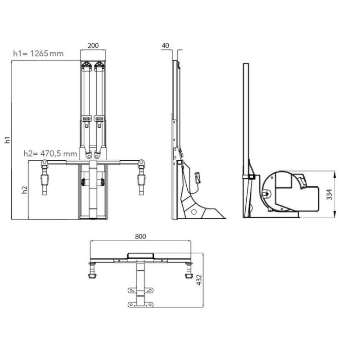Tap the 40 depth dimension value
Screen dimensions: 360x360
tap(165, 45)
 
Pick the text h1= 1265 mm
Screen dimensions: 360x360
tap(38, 54)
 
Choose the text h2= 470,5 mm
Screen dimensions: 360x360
tap(50, 153)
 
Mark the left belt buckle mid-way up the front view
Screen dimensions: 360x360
tap(87, 119)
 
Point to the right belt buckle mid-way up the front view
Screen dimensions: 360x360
tap(99, 119)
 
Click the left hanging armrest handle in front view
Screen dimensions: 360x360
tap(45, 180)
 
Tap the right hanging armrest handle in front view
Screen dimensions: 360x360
tap(142, 180)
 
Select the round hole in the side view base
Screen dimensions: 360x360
tap(194, 211)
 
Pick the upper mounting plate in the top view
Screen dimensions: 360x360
tap(140, 292)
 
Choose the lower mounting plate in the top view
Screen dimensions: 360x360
tap(140, 305)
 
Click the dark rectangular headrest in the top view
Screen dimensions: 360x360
tap(141, 255)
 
